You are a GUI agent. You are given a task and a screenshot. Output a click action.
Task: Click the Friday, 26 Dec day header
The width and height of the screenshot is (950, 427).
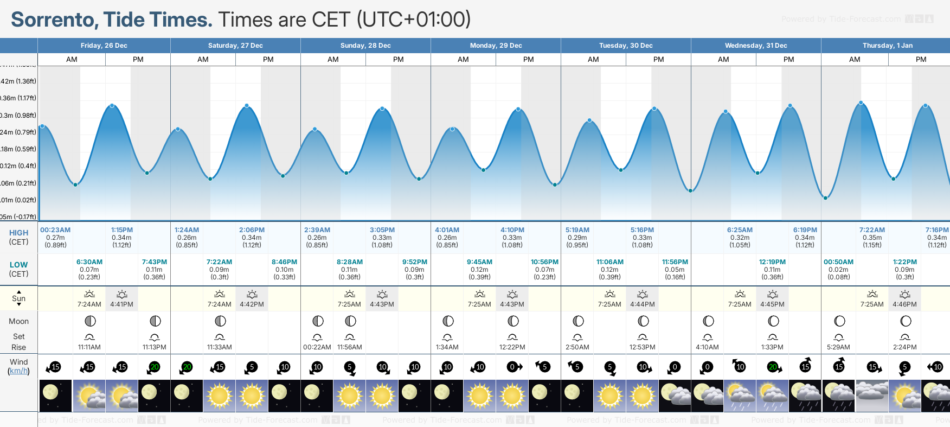pyautogui.click(x=104, y=46)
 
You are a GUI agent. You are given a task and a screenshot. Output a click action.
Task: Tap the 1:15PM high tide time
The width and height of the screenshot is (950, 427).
pyautogui.click(x=122, y=230)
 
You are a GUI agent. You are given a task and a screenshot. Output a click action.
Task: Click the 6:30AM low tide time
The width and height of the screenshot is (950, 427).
pyautogui.click(x=89, y=262)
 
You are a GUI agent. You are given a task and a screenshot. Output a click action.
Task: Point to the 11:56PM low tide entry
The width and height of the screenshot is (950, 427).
pyautogui.click(x=675, y=262)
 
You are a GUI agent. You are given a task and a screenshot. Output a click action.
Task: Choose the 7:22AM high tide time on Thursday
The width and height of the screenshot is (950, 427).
pyautogui.click(x=872, y=230)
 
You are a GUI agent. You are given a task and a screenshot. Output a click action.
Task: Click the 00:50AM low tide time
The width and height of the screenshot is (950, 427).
pyautogui.click(x=838, y=262)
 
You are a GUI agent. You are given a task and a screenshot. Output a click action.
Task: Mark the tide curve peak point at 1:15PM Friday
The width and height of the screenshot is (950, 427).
pyautogui.click(x=112, y=105)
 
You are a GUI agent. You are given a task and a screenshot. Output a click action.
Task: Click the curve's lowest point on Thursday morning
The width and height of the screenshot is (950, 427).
pyautogui.click(x=825, y=198)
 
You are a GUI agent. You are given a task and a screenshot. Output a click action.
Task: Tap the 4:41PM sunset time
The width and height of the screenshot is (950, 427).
pyautogui.click(x=122, y=304)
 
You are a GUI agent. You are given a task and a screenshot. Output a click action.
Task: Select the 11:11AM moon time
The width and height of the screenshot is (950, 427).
pyautogui.click(x=89, y=347)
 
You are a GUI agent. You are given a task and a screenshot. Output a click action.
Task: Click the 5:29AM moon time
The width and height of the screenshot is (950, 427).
pyautogui.click(x=838, y=347)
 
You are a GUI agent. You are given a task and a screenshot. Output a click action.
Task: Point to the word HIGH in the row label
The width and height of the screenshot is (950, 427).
pyautogui.click(x=18, y=233)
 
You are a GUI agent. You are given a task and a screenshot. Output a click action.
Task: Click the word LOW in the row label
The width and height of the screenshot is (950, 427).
pyautogui.click(x=18, y=265)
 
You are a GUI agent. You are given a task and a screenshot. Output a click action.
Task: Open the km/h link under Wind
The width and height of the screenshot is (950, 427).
pyautogui.click(x=18, y=371)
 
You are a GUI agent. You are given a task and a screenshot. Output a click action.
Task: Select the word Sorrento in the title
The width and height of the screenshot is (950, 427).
pyautogui.click(x=54, y=20)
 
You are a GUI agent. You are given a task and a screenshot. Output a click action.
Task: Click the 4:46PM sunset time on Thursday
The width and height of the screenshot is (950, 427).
pyautogui.click(x=904, y=304)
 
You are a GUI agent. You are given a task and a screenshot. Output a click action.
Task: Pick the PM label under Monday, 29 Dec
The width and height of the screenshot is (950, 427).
pyautogui.click(x=528, y=60)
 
